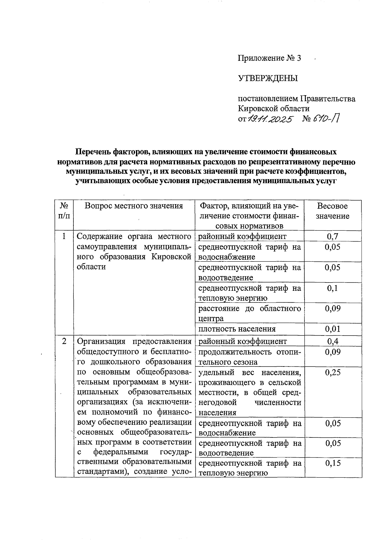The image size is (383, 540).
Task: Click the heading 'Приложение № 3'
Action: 269,58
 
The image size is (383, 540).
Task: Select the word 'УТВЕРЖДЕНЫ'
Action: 268,78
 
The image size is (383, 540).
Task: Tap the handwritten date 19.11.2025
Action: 270,120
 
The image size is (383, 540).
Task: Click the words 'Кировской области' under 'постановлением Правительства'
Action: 274,109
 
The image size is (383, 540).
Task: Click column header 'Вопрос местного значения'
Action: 134,206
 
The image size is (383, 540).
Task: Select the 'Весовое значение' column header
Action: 332,211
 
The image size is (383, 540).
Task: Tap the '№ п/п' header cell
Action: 64,211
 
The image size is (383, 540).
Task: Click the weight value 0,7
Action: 332,236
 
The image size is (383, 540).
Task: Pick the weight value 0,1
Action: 332,288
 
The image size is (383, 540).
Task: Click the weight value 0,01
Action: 332,329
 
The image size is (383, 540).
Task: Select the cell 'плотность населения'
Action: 237,329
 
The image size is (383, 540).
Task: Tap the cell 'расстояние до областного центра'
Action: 249,313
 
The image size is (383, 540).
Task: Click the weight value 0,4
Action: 332,341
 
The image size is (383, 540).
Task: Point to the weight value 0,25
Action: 332,372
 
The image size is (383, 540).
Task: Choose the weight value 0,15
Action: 332,463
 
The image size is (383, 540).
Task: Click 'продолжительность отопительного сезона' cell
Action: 249,357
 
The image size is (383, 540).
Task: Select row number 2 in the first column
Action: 64,341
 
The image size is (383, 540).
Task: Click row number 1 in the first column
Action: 64,236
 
